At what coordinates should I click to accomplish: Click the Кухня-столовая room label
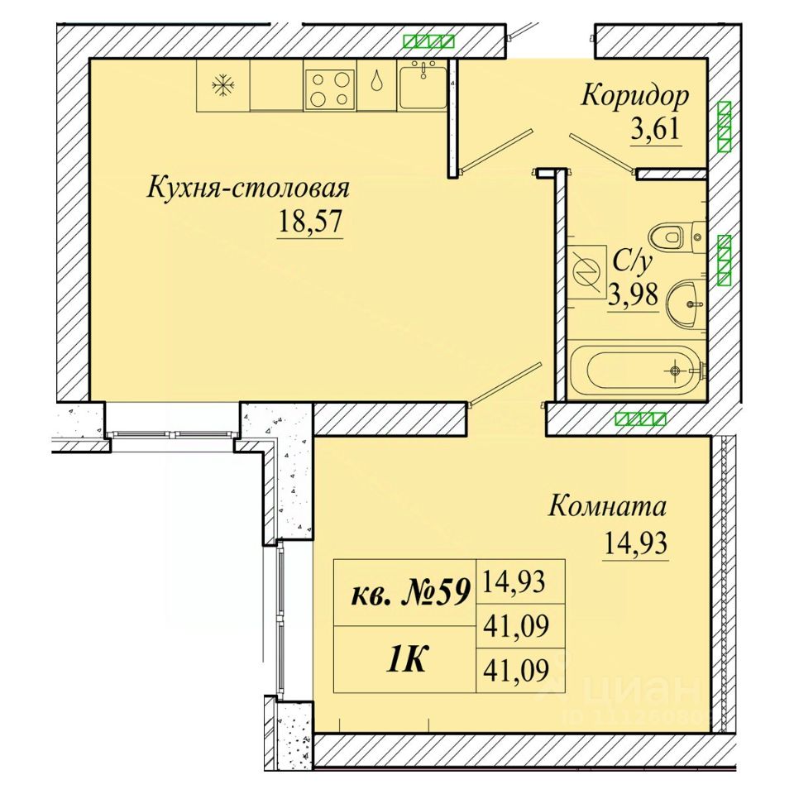click(x=248, y=189)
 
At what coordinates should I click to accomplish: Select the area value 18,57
click(x=310, y=222)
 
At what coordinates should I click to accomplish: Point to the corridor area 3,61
click(x=655, y=130)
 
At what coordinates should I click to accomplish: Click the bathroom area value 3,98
click(x=633, y=294)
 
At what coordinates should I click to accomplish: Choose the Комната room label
click(x=607, y=506)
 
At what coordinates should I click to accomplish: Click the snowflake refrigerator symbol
click(x=222, y=84)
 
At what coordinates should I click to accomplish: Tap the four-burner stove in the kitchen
click(x=330, y=89)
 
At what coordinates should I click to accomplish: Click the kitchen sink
click(x=423, y=84)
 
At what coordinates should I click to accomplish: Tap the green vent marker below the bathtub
click(x=640, y=419)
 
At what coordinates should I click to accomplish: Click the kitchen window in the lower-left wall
click(x=172, y=434)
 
